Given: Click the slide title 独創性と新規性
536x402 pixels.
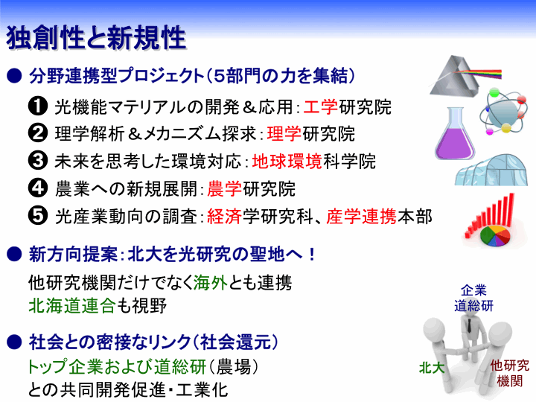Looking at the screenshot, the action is tap(96, 38).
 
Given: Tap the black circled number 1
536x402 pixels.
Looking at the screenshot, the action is tap(38, 106).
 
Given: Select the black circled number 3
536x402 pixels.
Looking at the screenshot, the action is tap(38, 161).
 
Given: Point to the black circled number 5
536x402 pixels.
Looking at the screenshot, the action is tap(38, 216).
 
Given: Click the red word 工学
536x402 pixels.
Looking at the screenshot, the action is tap(321, 107).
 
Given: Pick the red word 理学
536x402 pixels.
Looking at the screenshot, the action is tap(284, 134).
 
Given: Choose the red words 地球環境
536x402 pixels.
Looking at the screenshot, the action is tap(287, 162).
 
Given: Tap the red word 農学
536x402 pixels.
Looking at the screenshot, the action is tap(225, 189).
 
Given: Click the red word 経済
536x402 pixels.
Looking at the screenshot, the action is tap(225, 217).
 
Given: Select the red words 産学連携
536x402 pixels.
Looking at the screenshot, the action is tap(361, 217).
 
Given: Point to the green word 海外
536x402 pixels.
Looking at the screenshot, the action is tap(211, 283).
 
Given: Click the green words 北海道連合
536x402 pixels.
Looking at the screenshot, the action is tap(72, 306).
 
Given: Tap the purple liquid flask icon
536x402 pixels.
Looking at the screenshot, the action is tap(455, 134).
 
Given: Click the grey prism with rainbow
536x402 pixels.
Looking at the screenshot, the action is tap(465, 76).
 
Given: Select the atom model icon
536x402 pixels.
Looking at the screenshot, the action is tap(502, 111).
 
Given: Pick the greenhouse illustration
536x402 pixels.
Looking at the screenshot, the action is tap(491, 170).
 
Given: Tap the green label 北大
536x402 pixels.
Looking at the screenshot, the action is tap(432, 368).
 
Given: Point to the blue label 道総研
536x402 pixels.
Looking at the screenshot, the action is tap(473, 306).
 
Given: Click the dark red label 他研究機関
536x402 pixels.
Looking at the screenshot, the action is tap(510, 373).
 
